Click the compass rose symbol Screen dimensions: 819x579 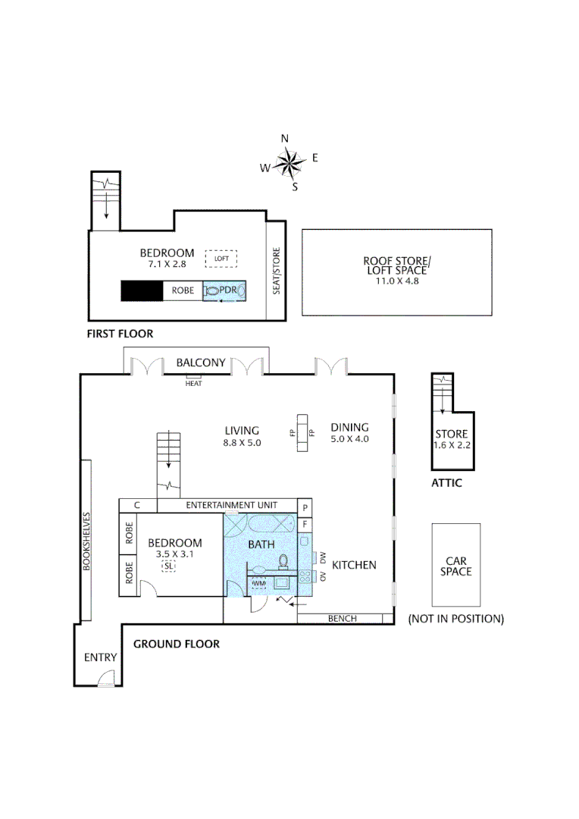289,162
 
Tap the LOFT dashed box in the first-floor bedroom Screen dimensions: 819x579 222,259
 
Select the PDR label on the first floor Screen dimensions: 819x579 228,290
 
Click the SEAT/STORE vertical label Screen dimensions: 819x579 277,271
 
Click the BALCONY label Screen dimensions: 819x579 200,362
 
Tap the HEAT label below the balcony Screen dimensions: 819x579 194,383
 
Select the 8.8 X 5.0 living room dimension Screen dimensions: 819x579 242,442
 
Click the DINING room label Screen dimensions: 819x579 349,428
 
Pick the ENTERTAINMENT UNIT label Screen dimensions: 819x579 231,505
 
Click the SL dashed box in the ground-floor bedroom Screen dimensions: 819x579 168,566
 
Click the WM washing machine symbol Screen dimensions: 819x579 259,583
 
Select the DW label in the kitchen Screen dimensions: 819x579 323,557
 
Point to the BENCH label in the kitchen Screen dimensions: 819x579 342,619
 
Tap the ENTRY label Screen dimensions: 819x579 100,657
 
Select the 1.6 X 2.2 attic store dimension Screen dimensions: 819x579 453,445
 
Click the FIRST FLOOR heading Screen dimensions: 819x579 120,334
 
